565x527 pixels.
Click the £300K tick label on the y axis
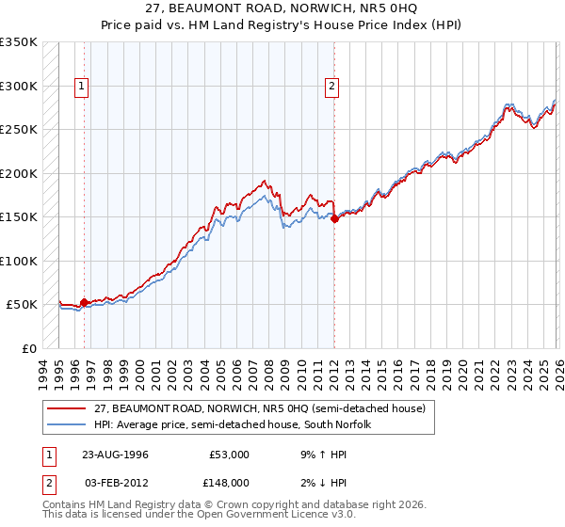(19, 86)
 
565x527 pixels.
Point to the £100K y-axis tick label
(19, 261)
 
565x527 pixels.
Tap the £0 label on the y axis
(28, 348)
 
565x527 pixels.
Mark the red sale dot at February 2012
(334, 218)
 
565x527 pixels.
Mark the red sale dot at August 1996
(85, 302)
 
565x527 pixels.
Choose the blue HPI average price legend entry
(246, 424)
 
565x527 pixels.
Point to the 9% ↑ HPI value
(322, 454)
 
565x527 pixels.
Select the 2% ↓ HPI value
(322, 482)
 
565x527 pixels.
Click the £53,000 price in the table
(229, 454)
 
